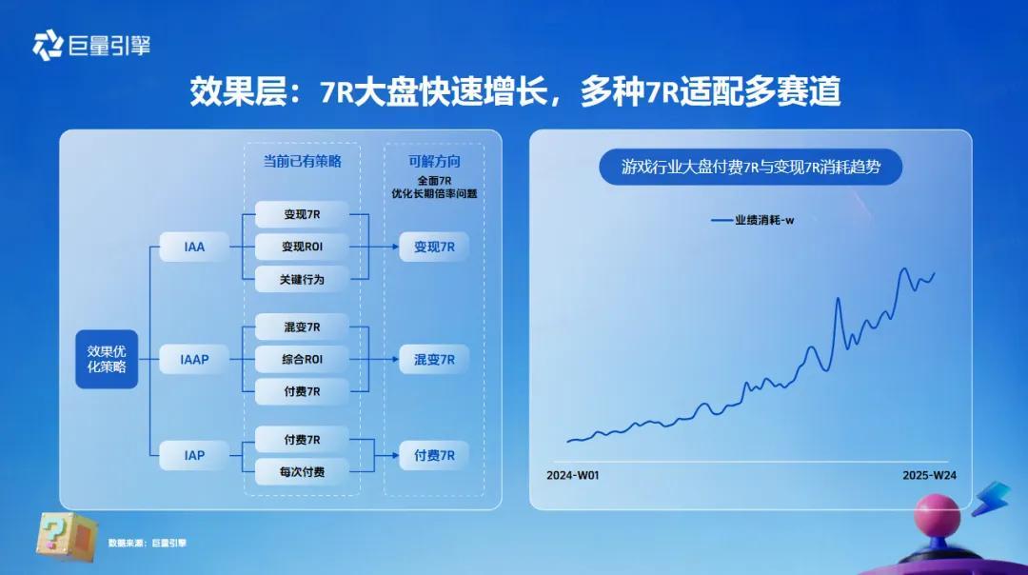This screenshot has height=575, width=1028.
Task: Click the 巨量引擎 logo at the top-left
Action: tap(91, 46)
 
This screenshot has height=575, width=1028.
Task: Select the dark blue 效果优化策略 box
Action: tap(107, 359)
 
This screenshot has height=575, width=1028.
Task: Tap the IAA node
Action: tap(194, 248)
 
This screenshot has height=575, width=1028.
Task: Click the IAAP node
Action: tap(194, 359)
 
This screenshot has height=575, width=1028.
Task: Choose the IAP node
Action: tap(194, 455)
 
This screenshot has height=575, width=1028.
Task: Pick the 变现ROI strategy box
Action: tap(303, 248)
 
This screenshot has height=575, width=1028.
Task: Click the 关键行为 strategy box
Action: tap(303, 279)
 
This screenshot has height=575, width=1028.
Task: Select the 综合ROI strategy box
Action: tap(303, 359)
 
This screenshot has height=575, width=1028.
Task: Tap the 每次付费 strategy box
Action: tap(303, 472)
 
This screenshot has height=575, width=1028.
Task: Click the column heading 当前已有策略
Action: tap(303, 161)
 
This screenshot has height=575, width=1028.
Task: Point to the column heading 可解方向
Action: tap(434, 161)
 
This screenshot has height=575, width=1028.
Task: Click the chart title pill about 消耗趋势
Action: tap(751, 168)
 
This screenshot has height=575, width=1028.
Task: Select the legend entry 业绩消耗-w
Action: tap(753, 220)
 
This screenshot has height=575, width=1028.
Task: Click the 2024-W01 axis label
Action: tap(573, 475)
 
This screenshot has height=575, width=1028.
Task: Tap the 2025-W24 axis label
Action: tap(929, 475)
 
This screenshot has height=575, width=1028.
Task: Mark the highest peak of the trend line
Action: tap(905, 268)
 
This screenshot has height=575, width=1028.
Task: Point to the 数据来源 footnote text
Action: tap(148, 543)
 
